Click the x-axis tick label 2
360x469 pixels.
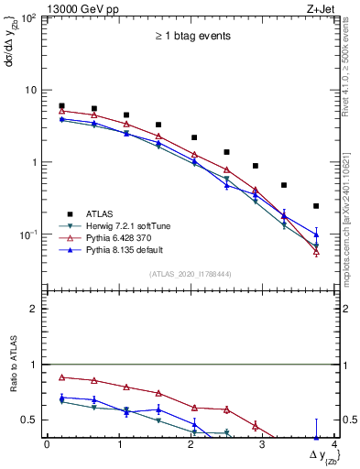[191, 445]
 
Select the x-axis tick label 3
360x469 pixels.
[262, 445]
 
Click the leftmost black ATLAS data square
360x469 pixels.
[61, 106]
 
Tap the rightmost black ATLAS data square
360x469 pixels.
[316, 206]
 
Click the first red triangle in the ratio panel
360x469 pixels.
[61, 376]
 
